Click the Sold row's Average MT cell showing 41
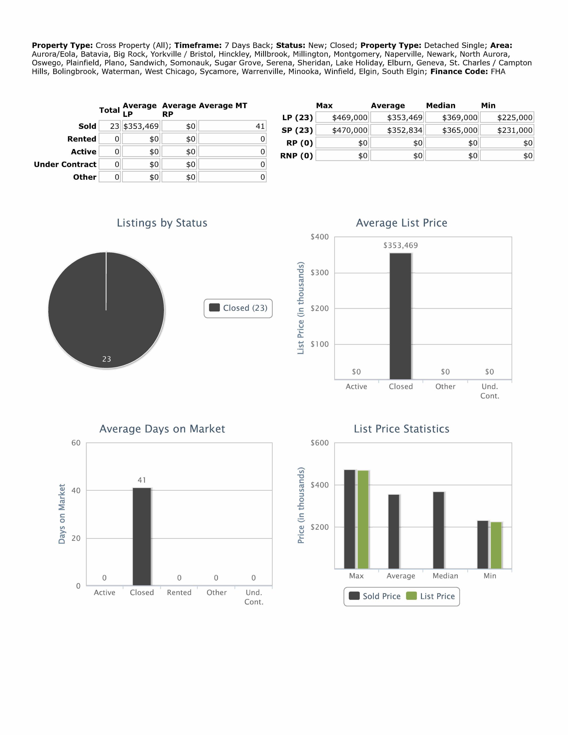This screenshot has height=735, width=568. point(232,126)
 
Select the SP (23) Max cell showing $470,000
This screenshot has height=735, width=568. point(342,130)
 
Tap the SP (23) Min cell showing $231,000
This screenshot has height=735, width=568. point(507,130)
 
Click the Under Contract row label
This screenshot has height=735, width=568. point(65,165)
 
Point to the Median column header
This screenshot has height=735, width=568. point(441,106)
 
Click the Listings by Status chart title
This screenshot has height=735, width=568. point(162,223)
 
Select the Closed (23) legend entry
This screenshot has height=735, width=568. point(238,308)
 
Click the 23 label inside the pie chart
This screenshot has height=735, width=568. point(107,359)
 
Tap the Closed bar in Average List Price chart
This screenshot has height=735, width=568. point(400,316)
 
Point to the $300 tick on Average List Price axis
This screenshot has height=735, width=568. point(320,272)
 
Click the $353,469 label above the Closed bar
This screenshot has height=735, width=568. point(400,245)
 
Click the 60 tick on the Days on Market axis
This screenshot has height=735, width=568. point(76,443)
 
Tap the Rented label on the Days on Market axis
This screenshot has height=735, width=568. point(179,593)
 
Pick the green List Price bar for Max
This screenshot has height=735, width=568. point(363,520)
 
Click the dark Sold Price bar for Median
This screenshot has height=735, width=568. point(438,530)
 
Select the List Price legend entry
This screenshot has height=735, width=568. point(431,596)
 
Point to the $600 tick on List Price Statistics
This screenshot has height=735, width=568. point(320,443)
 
